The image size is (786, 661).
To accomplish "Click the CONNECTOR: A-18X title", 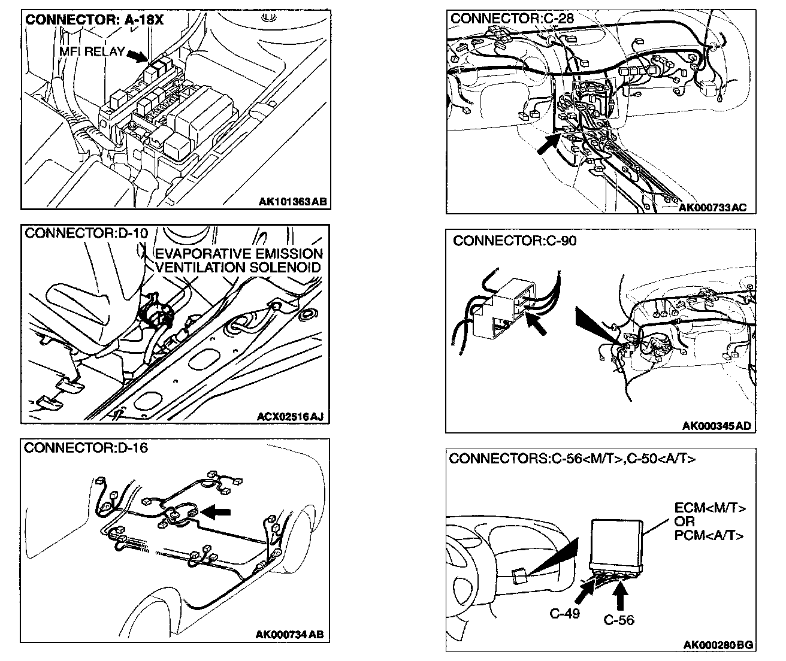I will (x=95, y=20).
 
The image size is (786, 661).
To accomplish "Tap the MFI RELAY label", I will (x=92, y=51).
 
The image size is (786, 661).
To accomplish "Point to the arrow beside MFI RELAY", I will (x=137, y=55).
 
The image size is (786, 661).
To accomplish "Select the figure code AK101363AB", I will (x=293, y=202).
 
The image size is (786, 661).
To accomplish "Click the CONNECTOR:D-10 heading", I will (x=86, y=233).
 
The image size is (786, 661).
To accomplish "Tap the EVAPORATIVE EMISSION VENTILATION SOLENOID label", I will (x=238, y=260).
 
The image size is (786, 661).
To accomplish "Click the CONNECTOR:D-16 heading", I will (x=86, y=447).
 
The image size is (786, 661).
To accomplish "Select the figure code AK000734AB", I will (x=289, y=635).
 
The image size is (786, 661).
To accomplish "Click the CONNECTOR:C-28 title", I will (x=512, y=19).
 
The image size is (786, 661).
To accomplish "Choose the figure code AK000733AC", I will (x=713, y=207).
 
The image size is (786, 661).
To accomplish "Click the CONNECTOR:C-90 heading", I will (x=514, y=241).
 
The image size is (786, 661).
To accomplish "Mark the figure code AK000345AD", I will (x=717, y=426).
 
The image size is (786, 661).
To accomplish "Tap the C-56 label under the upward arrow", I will (x=618, y=621).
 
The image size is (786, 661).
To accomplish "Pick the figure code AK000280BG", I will (x=718, y=645).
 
